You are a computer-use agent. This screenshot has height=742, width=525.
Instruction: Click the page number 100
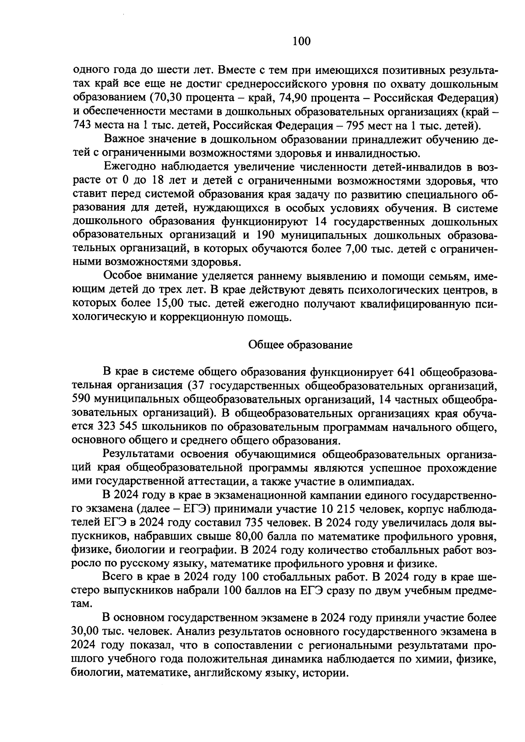coord(301,41)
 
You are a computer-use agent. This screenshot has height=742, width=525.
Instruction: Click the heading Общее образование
coord(300,345)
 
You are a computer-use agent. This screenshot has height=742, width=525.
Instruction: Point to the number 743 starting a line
coord(81,126)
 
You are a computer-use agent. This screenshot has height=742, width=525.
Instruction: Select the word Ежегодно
coord(130,167)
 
